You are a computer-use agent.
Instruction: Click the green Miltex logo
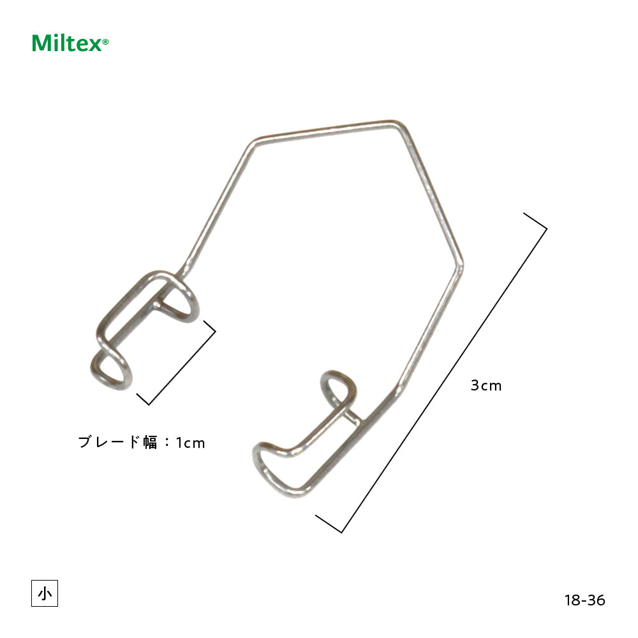[70, 43]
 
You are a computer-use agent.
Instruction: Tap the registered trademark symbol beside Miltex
[105, 41]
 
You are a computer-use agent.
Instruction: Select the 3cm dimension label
[486, 385]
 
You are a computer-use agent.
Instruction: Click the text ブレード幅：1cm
[142, 442]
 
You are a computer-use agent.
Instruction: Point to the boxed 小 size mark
[45, 593]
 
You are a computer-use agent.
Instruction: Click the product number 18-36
[584, 600]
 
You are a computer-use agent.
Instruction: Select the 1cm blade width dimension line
[182, 368]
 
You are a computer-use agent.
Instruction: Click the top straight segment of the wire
[325, 131]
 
